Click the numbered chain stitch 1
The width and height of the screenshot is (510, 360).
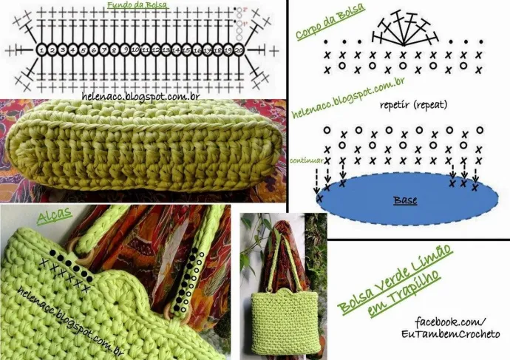42,50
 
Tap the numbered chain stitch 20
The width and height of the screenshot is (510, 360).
239,50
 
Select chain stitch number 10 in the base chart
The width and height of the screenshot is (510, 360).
135,50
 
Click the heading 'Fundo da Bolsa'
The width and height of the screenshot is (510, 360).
137,5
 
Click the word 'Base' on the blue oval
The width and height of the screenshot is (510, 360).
405,200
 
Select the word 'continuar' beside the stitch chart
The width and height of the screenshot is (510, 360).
306,160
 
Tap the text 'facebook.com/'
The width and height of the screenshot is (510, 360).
451,322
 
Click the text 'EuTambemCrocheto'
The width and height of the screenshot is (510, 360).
458,335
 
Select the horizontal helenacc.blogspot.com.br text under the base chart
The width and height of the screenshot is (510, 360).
141,96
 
